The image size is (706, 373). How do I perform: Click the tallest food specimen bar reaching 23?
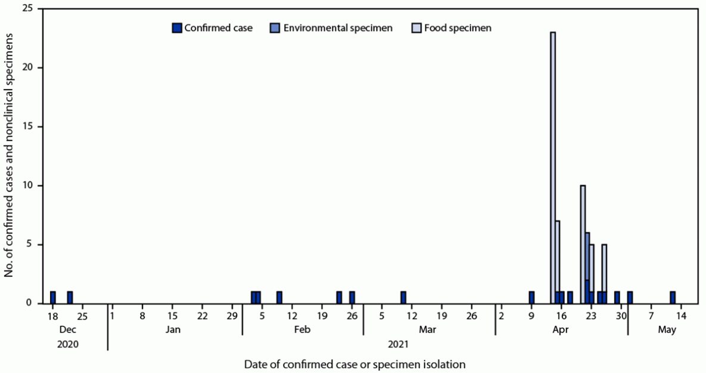click(553, 167)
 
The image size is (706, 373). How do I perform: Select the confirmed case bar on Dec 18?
click(53, 297)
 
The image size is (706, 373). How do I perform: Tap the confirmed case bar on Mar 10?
click(403, 297)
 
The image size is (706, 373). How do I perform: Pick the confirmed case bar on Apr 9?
click(531, 297)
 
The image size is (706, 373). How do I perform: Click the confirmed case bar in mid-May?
click(673, 297)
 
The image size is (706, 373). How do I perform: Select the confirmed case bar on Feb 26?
click(352, 297)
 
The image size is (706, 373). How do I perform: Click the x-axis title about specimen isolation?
click(355, 363)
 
